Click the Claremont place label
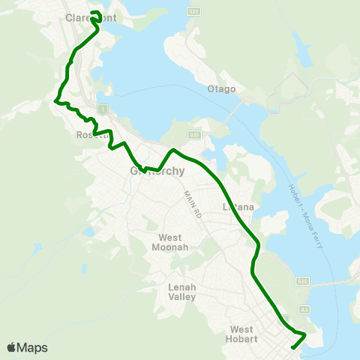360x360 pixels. (91, 18)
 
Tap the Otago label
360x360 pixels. (221, 89)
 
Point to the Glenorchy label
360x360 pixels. (157, 171)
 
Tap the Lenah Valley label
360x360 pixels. (182, 292)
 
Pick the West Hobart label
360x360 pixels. (244, 334)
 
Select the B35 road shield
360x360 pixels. (193, 134)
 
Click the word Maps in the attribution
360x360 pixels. (32, 347)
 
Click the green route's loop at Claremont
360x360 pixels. (96, 15)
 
